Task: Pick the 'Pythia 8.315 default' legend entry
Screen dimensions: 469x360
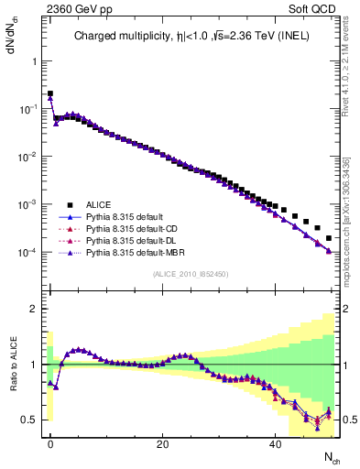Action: pyautogui.click(x=124, y=216)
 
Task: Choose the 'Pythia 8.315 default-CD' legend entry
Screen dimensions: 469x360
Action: pyautogui.click(x=131, y=228)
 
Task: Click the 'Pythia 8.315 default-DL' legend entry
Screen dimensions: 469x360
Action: pyautogui.click(x=130, y=240)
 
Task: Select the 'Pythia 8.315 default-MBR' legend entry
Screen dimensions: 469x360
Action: pyautogui.click(x=134, y=252)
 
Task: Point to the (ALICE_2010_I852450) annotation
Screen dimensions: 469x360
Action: pyautogui.click(x=190, y=274)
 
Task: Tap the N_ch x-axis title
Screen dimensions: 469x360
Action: pyautogui.click(x=332, y=457)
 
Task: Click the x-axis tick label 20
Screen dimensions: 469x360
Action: pyautogui.click(x=162, y=444)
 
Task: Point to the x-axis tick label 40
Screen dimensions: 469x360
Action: pyautogui.click(x=275, y=444)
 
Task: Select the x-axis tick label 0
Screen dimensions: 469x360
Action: pyautogui.click(x=50, y=444)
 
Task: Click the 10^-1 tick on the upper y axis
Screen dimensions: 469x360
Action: pyautogui.click(x=25, y=109)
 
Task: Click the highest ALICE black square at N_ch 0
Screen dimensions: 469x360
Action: pyautogui.click(x=50, y=93)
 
